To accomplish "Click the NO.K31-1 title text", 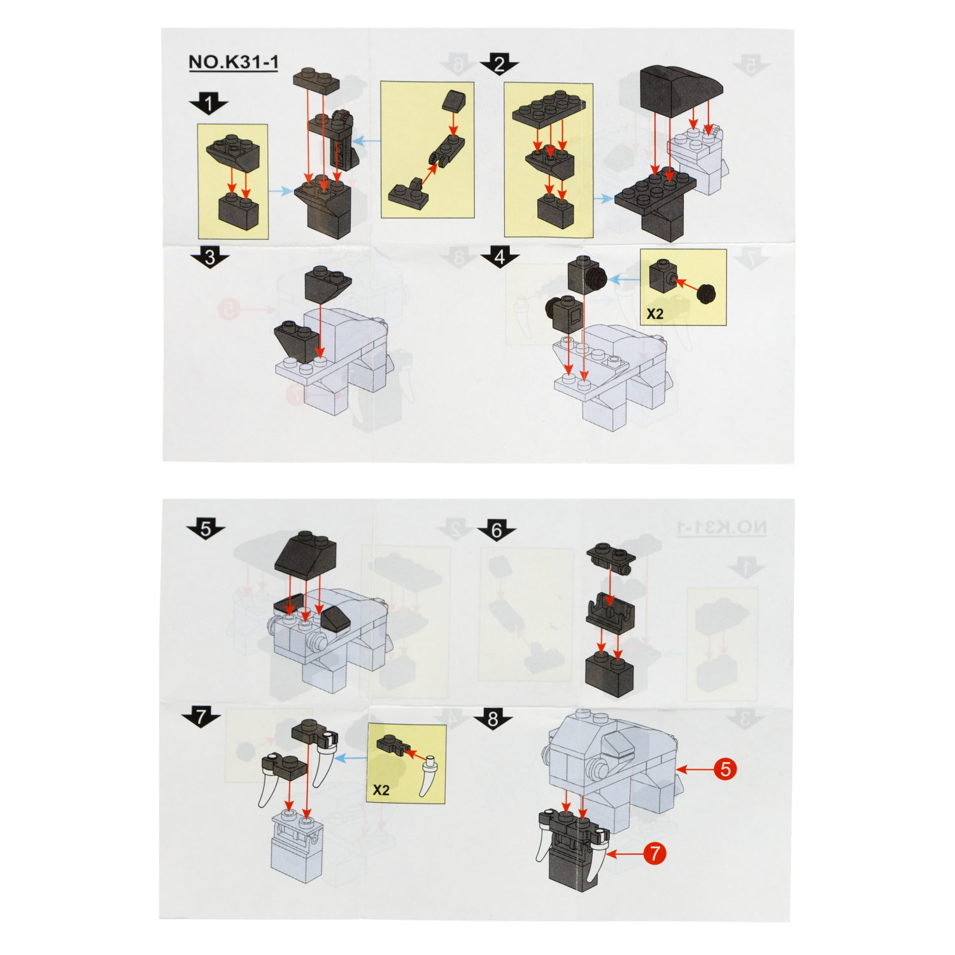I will pyautogui.click(x=233, y=62).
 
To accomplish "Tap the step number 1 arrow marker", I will pyautogui.click(x=209, y=103).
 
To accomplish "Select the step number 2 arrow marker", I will pyautogui.click(x=499, y=64).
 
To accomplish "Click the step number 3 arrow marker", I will pyautogui.click(x=209, y=258).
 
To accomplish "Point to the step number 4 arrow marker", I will pyautogui.click(x=499, y=258).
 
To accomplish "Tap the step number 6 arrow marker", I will pyautogui.click(x=497, y=530).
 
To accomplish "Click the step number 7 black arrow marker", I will pyautogui.click(x=201, y=718).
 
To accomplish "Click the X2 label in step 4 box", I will pyautogui.click(x=654, y=314).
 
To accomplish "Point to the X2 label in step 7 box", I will pyautogui.click(x=380, y=790).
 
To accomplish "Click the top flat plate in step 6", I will pyautogui.click(x=611, y=554).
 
